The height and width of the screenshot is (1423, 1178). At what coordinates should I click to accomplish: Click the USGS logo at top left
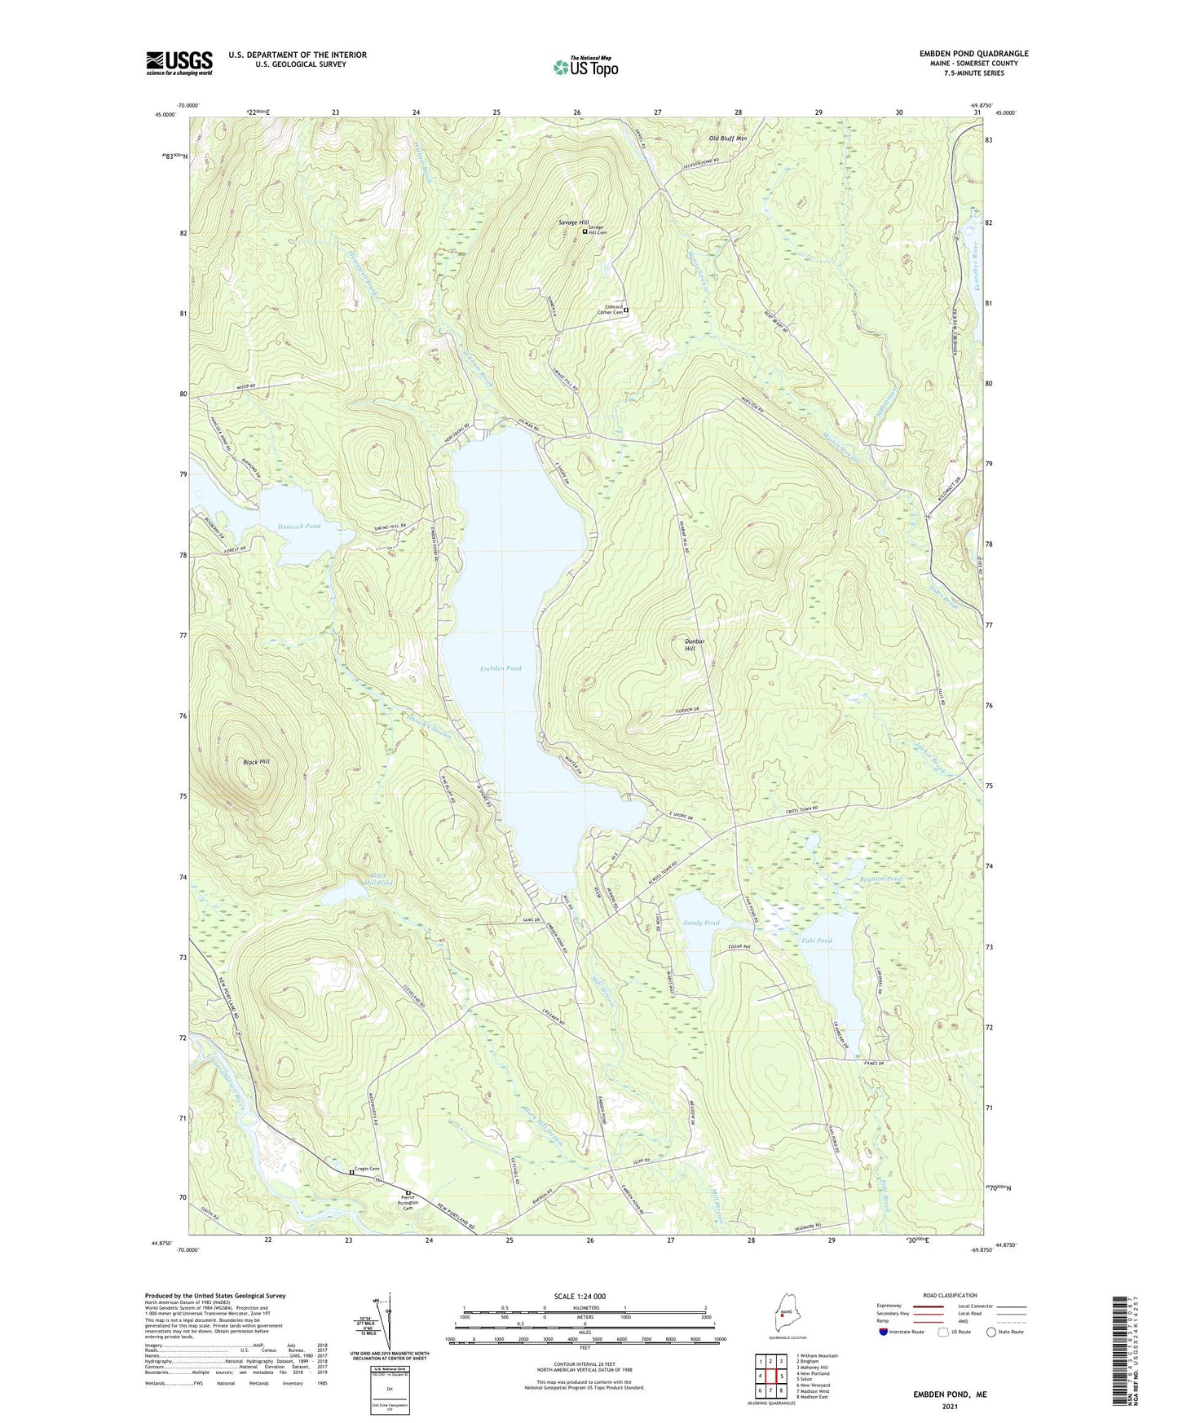coord(179,63)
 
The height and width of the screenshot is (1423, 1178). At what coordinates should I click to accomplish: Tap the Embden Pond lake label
coord(501,668)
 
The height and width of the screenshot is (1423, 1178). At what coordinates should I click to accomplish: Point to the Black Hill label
coord(256,762)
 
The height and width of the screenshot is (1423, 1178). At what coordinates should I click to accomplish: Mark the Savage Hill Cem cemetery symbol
coord(585,231)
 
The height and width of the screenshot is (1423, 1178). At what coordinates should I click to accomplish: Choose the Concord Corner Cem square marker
coord(626,311)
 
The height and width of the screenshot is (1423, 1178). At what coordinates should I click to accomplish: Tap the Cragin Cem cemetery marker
coord(352,1172)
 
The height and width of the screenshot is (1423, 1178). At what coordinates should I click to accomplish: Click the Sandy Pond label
coord(701,923)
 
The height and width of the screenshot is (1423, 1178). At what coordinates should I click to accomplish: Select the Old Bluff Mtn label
coord(727,139)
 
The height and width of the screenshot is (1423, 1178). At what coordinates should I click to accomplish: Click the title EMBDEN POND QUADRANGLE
coord(973,54)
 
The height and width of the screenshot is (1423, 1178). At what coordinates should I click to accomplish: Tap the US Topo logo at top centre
coord(585,66)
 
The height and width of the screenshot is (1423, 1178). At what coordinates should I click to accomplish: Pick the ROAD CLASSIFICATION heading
coord(950,1295)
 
